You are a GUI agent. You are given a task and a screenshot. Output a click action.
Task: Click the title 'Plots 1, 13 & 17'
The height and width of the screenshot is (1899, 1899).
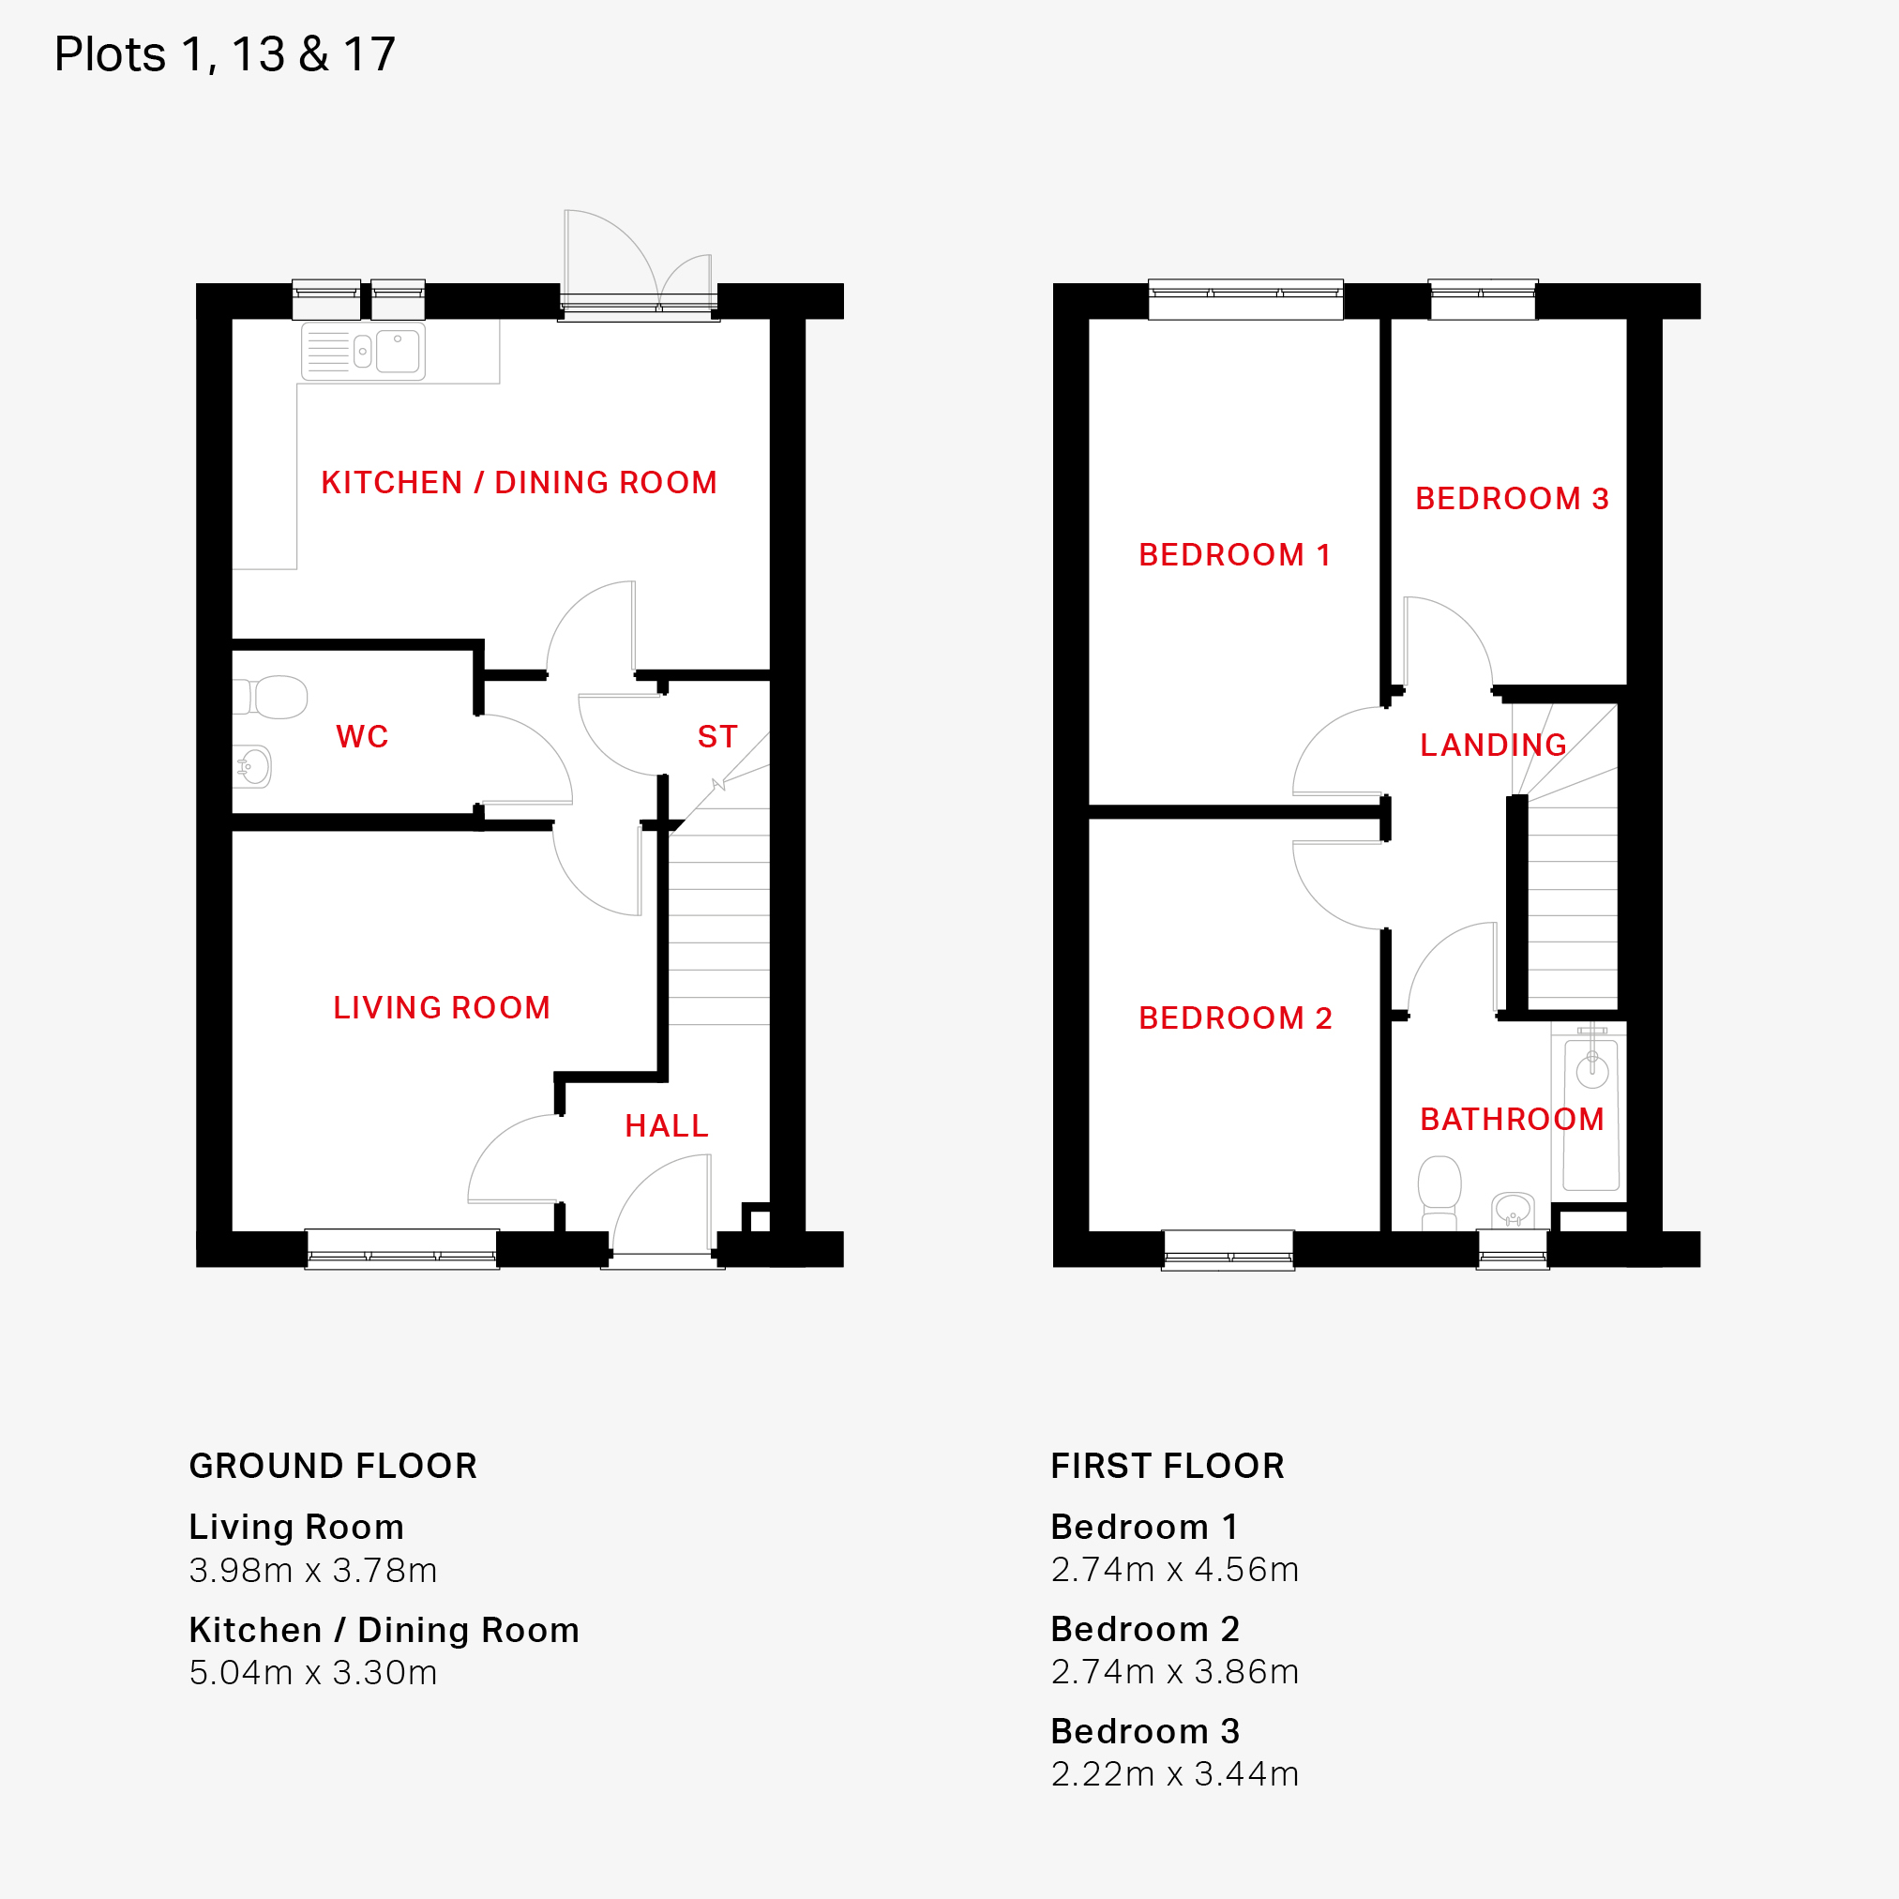click(224, 54)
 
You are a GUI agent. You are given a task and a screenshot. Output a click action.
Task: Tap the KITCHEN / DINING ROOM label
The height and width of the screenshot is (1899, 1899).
click(519, 483)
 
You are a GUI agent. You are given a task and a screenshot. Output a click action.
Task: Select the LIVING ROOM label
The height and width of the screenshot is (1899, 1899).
click(442, 1007)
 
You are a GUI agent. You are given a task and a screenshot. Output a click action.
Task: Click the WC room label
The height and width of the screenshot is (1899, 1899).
click(362, 736)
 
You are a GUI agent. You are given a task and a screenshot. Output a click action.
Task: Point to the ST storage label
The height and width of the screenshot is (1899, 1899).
click(717, 736)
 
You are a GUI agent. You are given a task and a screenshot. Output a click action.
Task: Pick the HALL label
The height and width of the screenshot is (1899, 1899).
click(667, 1125)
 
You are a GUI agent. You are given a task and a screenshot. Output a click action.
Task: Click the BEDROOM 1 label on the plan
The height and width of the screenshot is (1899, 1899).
click(1234, 554)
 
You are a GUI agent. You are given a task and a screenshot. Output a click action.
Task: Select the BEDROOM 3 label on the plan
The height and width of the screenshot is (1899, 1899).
click(1512, 498)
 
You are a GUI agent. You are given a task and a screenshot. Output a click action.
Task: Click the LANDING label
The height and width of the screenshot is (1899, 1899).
click(1493, 745)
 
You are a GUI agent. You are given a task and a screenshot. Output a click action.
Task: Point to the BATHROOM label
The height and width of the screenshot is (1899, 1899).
click(1512, 1119)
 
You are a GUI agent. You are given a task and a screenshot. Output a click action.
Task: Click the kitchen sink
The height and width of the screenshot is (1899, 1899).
click(364, 351)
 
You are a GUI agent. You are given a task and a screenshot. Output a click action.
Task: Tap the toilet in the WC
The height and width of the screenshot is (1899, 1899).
click(270, 697)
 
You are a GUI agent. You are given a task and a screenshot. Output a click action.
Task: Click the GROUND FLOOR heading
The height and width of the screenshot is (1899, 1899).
click(333, 1466)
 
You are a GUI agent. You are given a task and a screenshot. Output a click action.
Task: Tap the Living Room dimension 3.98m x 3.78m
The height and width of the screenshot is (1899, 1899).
click(312, 1570)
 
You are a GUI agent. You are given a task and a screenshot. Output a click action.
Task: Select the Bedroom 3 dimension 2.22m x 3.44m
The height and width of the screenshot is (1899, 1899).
click(1175, 1773)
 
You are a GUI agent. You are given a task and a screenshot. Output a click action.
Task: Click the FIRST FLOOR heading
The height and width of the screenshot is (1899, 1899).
click(1168, 1466)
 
